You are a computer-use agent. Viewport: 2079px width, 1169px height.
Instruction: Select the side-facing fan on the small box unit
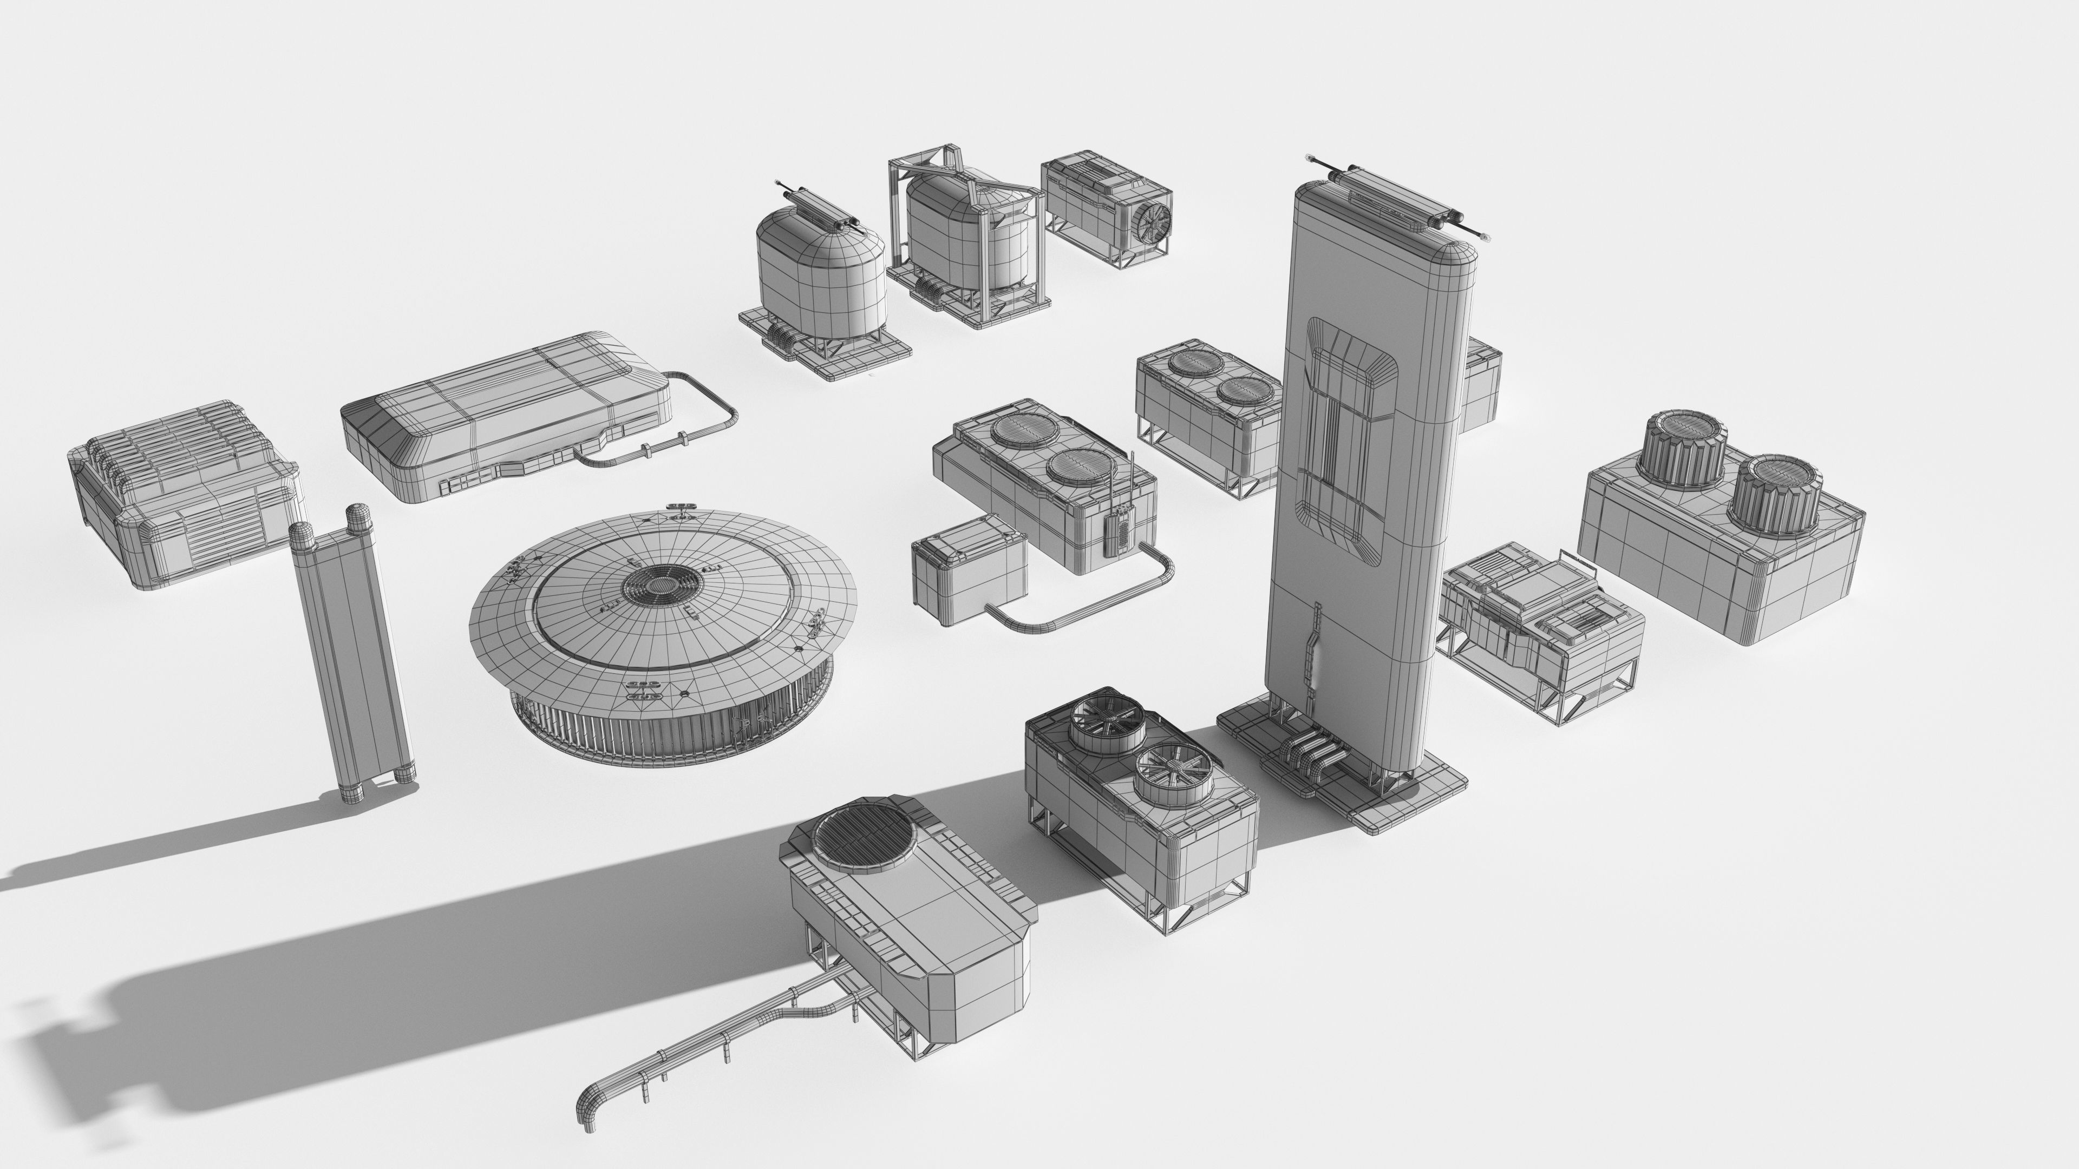1149,219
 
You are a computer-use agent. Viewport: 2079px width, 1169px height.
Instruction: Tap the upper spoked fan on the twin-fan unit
1103,721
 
